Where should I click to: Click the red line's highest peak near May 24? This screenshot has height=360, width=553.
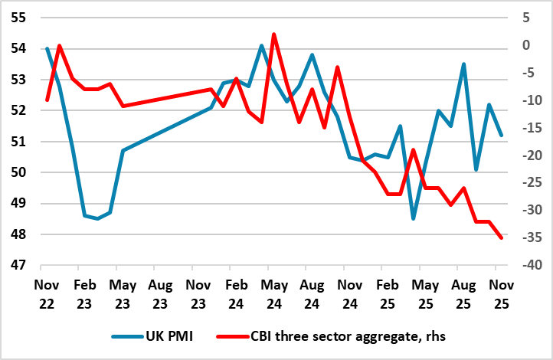274,34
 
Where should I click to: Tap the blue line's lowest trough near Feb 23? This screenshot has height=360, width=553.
97,219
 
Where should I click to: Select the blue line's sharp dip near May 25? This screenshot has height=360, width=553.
413,219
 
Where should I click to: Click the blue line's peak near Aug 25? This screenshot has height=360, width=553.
463,64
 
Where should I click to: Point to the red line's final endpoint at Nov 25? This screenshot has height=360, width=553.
502,238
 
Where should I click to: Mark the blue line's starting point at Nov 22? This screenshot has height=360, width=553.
47,48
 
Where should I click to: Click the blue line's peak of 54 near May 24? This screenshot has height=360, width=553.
261,46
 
